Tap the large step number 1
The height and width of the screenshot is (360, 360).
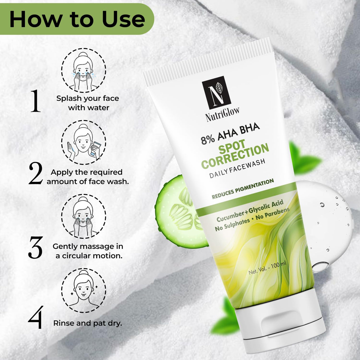tap(35, 101)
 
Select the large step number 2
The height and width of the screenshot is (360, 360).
tap(35, 174)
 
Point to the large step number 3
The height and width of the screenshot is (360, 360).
tap(35, 247)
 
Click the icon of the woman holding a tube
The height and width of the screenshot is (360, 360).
tap(84, 142)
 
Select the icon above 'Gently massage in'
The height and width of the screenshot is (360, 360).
tap(84, 216)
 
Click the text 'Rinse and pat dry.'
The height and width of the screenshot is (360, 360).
tap(88, 323)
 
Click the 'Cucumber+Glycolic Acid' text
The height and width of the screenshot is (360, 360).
tap(250, 210)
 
